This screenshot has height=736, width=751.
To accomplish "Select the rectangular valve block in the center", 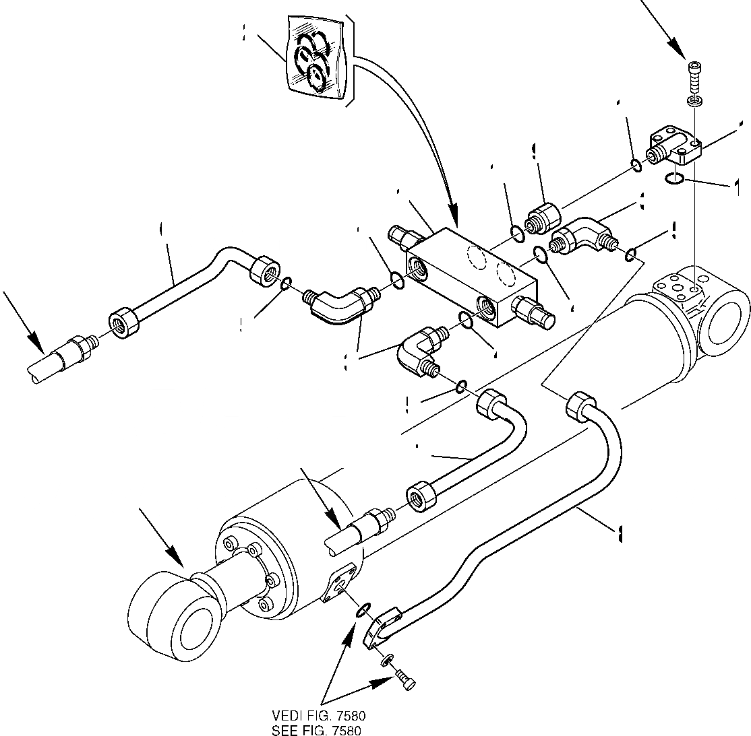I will coord(470,276).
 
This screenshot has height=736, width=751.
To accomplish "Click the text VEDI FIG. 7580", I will coord(319,715).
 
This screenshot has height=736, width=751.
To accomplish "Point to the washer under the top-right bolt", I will coord(693,100).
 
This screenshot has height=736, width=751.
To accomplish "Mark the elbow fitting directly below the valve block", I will coord(419,347).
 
